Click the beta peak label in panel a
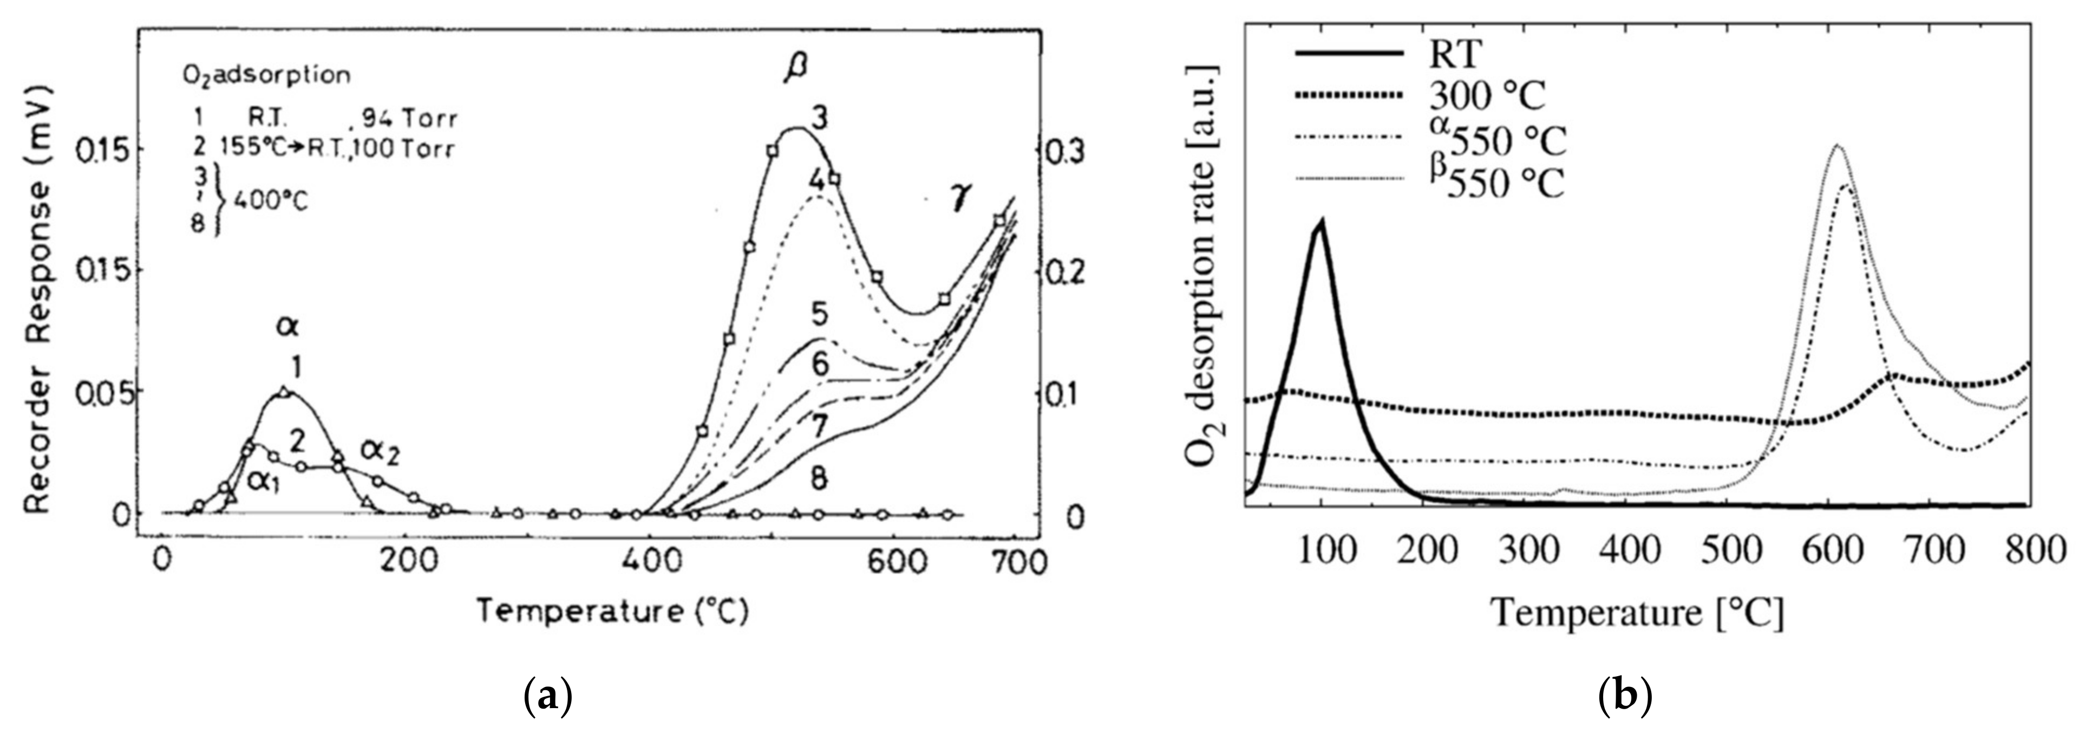point(794,71)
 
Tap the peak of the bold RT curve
point(1321,222)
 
